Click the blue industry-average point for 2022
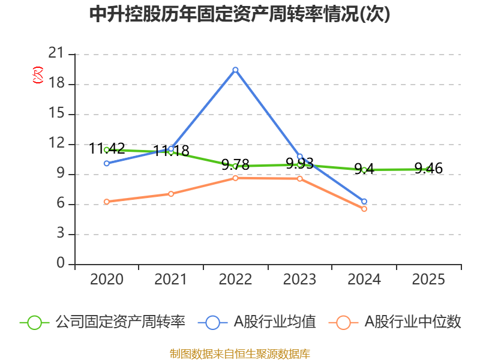(235, 70)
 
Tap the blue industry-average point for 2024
(364, 202)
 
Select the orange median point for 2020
(107, 202)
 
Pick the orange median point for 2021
(171, 194)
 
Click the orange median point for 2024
(364, 209)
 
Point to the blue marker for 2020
(107, 163)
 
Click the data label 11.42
(107, 149)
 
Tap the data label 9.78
(235, 164)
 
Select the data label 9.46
(428, 169)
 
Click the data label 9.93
(299, 163)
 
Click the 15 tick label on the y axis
(56, 113)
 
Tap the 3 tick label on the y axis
(61, 233)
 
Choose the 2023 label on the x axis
(299, 279)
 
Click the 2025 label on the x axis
(428, 279)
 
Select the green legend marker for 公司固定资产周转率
(34, 323)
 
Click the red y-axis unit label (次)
(38, 75)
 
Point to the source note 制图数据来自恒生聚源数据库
(240, 354)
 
